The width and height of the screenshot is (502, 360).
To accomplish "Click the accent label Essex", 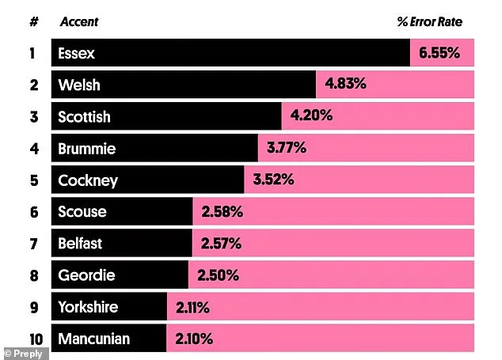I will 76,54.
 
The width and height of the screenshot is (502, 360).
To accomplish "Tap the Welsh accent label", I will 79,85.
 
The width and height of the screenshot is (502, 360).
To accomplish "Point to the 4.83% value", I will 344,85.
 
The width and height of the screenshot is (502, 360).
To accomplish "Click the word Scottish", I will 84,117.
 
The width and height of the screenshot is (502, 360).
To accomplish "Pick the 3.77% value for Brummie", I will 287,149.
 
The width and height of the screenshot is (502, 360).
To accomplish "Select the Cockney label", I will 88,180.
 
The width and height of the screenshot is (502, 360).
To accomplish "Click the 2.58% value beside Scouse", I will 222,212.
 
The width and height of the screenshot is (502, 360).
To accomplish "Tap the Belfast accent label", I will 80,244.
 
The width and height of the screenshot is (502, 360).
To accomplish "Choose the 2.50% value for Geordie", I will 218,275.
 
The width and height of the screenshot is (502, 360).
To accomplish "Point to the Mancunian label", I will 93,339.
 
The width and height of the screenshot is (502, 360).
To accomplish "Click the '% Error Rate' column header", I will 429,22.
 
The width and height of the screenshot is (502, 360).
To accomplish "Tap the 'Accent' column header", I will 79,22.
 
